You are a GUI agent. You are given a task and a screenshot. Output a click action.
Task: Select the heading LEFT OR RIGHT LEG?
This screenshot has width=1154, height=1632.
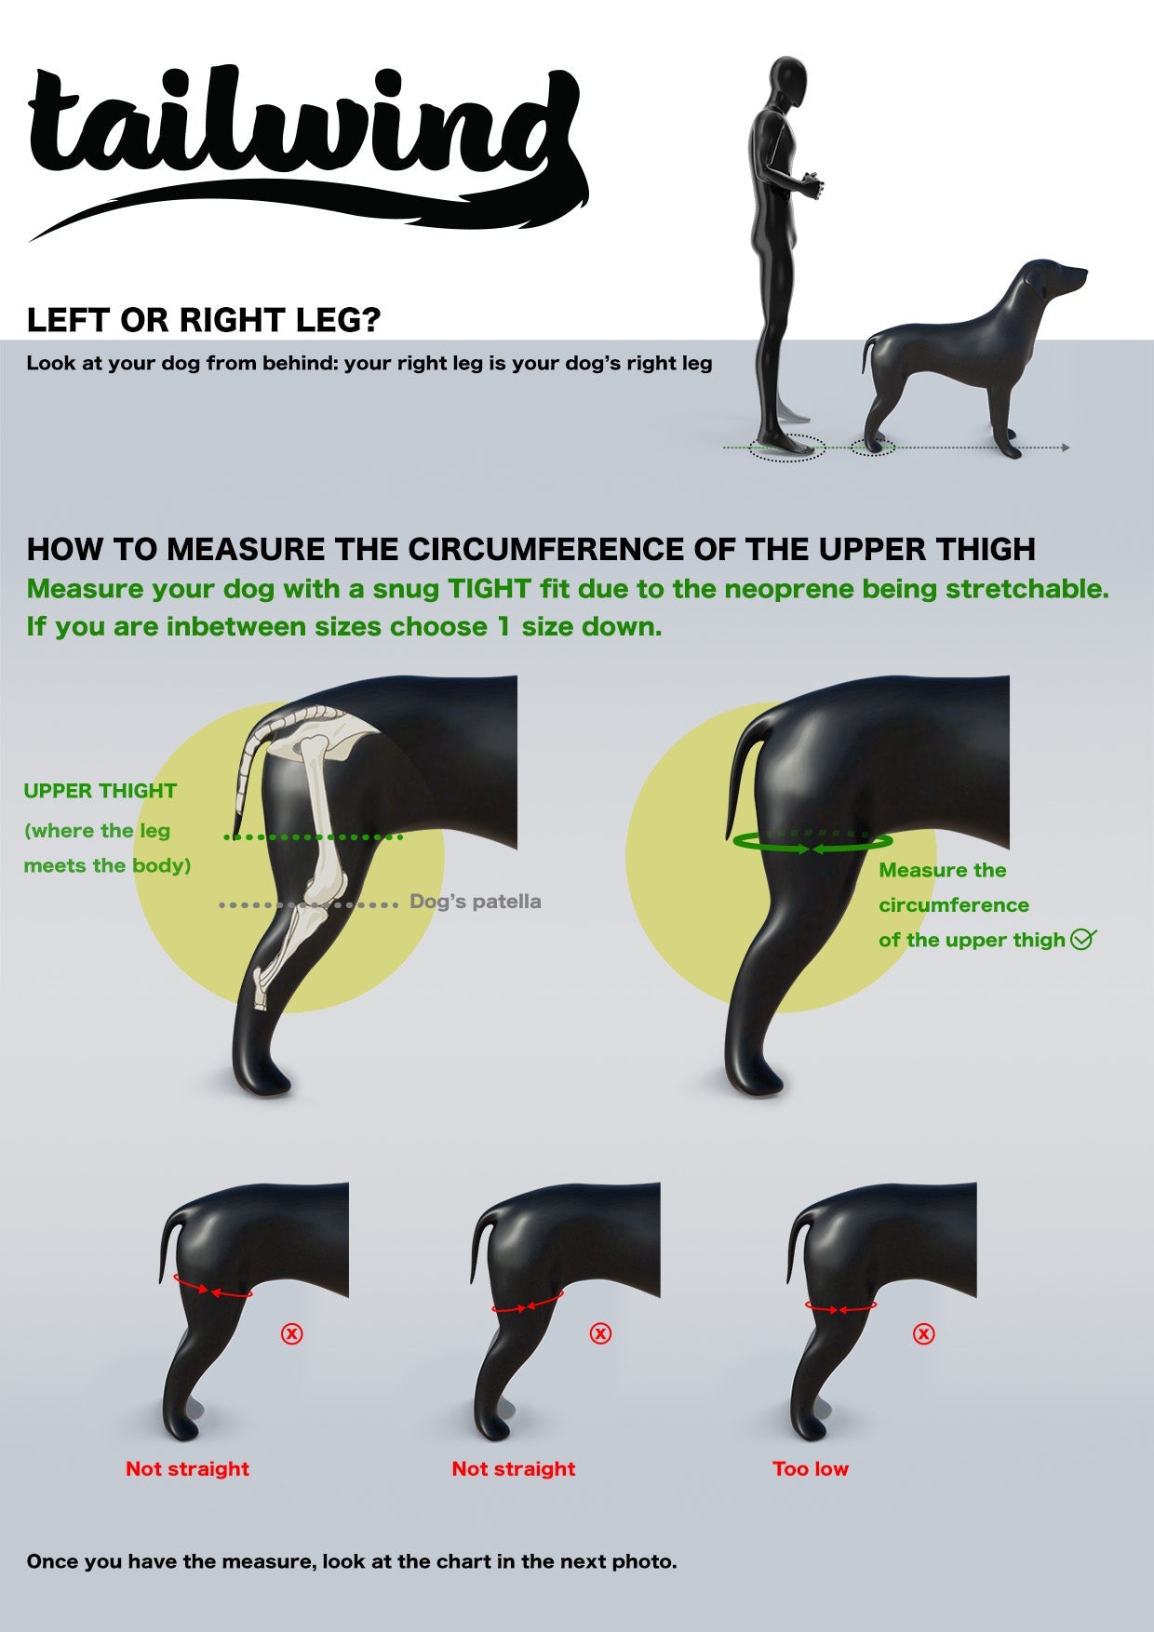204,320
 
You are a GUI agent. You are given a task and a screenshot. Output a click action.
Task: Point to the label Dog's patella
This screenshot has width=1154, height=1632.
475,902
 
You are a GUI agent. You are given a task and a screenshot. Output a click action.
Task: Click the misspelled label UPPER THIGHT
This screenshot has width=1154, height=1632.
100,791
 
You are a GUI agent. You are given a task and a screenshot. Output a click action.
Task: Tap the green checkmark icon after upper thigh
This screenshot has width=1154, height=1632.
1082,939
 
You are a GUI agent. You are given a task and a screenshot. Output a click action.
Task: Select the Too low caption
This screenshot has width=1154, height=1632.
810,1468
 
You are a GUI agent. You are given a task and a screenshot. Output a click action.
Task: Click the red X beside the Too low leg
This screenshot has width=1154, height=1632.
923,1333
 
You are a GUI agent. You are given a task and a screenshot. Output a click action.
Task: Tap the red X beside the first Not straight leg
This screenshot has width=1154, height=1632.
292,1333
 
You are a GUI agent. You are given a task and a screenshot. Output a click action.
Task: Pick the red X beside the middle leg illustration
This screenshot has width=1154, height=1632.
600,1333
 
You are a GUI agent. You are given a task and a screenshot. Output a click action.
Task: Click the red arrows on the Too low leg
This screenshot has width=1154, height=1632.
839,1308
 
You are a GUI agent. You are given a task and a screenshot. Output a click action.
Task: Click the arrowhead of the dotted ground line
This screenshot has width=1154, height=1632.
1066,448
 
